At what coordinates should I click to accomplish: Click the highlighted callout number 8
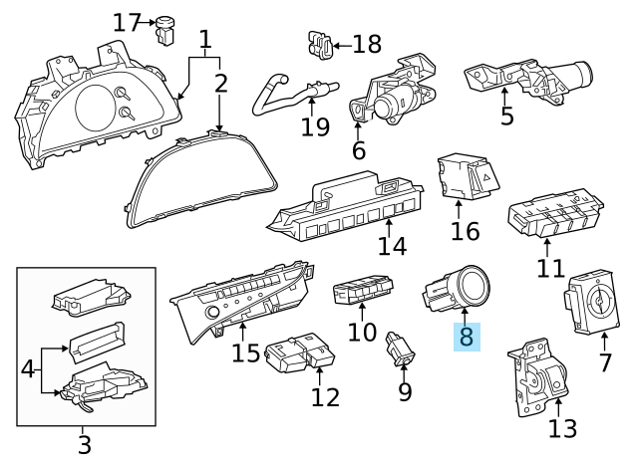point(466,337)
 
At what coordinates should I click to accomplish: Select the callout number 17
point(127,21)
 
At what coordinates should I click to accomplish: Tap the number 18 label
point(368,44)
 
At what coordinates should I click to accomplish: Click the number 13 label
point(563,428)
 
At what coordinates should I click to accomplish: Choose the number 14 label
point(393,245)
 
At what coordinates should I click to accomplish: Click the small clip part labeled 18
point(316,43)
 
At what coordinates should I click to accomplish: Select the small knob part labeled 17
point(165,29)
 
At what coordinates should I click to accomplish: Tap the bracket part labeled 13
point(539,384)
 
